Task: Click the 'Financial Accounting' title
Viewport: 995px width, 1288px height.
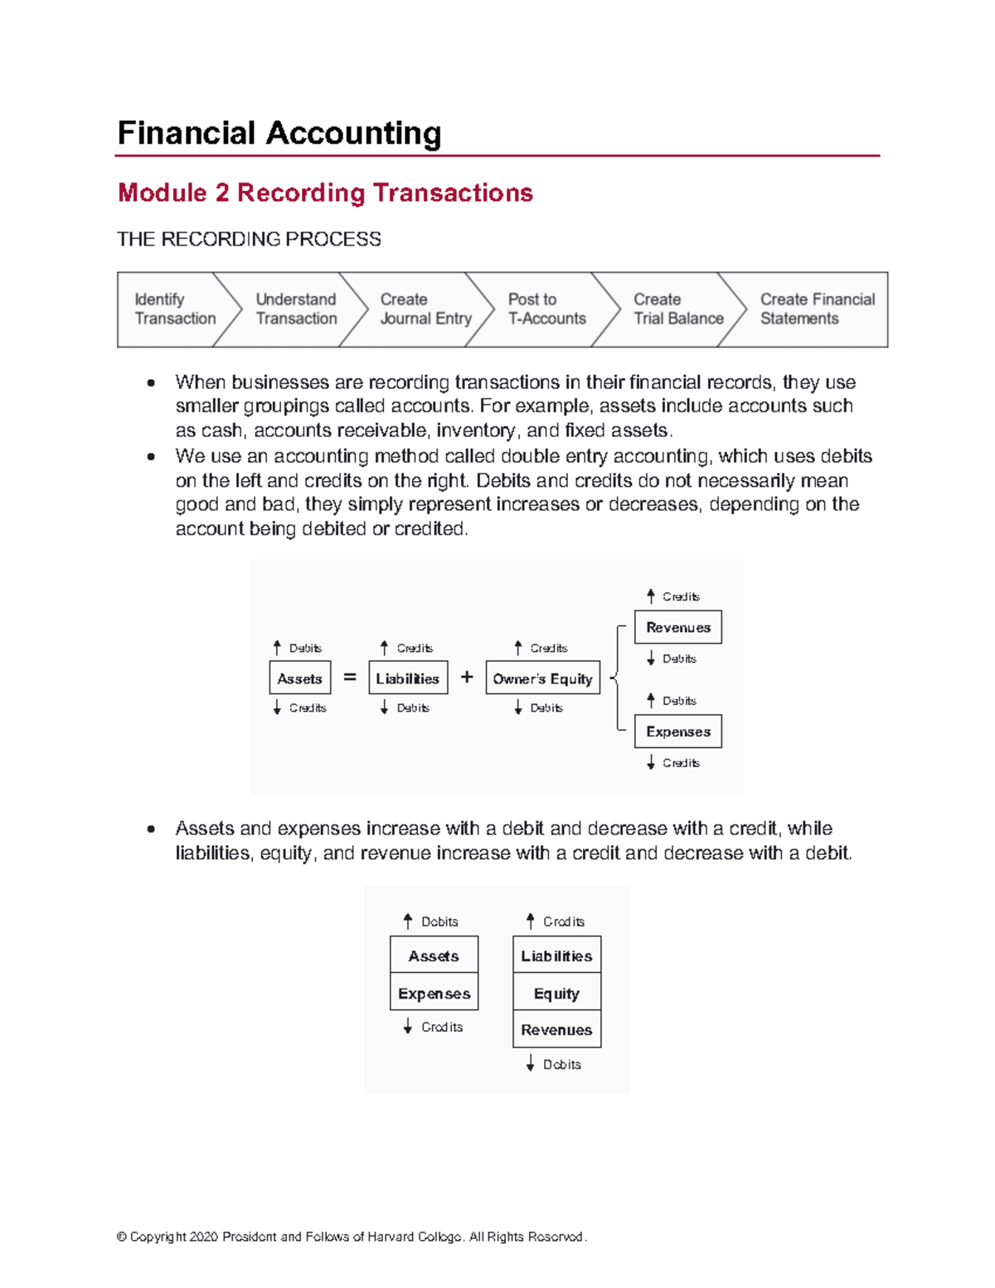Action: click(279, 134)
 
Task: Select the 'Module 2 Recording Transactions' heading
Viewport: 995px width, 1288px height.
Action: click(325, 193)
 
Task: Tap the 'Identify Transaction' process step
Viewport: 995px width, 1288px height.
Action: click(176, 309)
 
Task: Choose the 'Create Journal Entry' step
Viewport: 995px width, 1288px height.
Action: click(425, 309)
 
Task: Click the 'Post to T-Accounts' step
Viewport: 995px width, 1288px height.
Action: click(547, 309)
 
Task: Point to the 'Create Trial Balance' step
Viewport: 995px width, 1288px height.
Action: click(678, 309)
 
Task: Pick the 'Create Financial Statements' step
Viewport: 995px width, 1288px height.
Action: click(818, 309)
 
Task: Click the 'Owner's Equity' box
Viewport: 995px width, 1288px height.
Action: click(542, 678)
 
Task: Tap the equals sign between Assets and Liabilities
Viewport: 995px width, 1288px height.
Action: click(350, 676)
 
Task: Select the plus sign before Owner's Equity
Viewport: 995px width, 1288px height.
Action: click(467, 676)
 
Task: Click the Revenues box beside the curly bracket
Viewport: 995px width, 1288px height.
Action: click(678, 626)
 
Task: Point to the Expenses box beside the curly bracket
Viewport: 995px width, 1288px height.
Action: click(678, 731)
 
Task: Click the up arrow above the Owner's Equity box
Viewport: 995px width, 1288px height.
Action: click(518, 647)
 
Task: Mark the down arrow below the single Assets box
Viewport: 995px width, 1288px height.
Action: click(277, 707)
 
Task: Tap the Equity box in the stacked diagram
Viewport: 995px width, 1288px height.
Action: click(556, 993)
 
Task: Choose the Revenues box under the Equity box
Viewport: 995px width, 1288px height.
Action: click(556, 1029)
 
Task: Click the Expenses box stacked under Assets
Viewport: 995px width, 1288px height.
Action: click(434, 993)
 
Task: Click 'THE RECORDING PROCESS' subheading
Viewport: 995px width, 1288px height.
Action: click(249, 239)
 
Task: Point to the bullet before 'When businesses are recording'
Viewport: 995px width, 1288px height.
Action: click(151, 383)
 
